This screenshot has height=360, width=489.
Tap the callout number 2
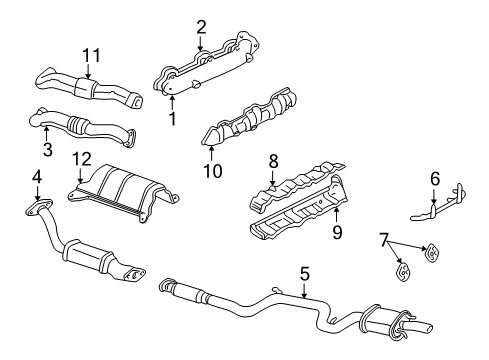201,27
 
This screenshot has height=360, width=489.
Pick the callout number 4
37,178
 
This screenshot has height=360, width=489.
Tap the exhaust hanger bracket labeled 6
440,206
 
